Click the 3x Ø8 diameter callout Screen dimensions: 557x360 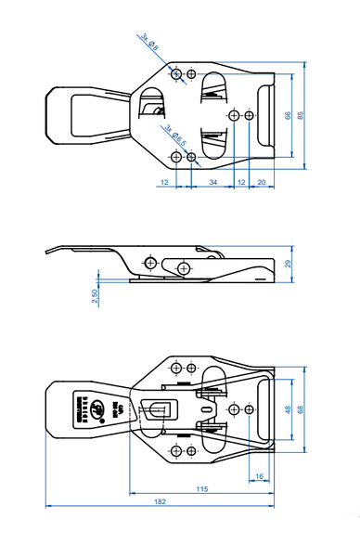[149, 43]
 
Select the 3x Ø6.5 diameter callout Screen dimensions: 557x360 [175, 136]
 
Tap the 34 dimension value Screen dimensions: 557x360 [213, 184]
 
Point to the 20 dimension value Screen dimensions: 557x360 [262, 184]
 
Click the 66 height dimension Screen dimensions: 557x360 [288, 115]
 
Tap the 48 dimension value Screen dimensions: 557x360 [288, 409]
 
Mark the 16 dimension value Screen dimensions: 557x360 [259, 476]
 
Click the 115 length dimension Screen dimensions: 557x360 [202, 488]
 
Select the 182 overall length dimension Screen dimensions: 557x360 [160, 501]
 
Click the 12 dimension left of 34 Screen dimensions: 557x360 [164, 184]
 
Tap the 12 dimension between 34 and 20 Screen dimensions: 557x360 [242, 184]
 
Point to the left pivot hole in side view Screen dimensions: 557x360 [148, 263]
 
